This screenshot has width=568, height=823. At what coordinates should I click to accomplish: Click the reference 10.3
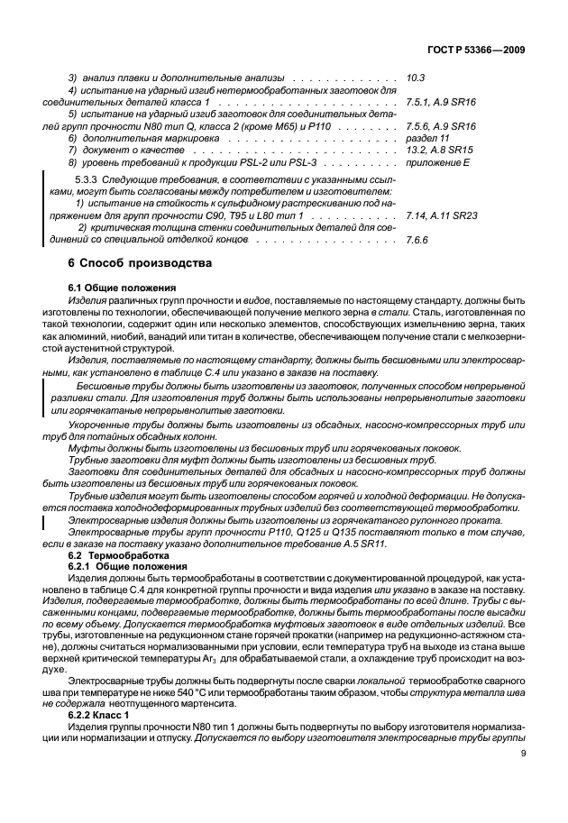pos(417,78)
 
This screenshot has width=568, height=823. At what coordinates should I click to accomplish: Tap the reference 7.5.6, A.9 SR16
pos(441,127)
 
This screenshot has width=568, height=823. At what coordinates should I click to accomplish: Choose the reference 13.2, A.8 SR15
pos(439,151)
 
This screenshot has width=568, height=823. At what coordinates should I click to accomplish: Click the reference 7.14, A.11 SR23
pos(442,217)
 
